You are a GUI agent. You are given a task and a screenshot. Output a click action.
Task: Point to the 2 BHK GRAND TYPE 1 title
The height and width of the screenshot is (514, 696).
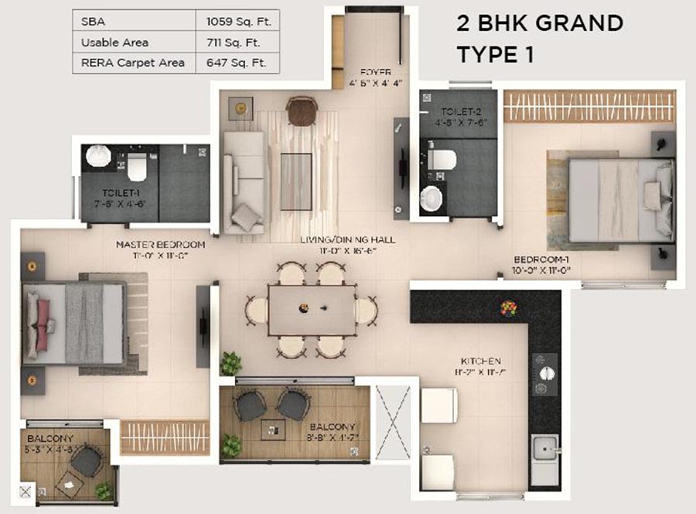[539, 39]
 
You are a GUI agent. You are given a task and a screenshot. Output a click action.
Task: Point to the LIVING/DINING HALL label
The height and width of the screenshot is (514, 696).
[347, 245]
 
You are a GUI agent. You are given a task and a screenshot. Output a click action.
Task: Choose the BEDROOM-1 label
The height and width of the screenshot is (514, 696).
[541, 265]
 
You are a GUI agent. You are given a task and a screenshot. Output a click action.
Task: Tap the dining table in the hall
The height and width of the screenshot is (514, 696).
[312, 310]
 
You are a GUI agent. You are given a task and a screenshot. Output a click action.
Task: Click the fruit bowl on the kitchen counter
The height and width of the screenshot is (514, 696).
[508, 308]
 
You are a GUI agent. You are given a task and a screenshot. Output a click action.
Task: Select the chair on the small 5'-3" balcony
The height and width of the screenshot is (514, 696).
[86, 461]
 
